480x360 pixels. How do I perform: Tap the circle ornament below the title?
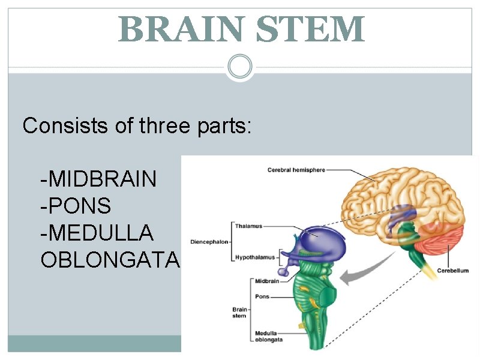[240, 66]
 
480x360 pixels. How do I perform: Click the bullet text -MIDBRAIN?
[98, 179]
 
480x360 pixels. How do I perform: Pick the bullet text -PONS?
[76, 206]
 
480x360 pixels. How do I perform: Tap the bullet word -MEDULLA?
[97, 233]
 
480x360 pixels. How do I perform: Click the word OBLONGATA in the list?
[110, 260]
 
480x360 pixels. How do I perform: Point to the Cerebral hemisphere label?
[296, 170]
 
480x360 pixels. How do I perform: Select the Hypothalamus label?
[254, 257]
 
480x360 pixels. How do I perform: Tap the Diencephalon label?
[209, 242]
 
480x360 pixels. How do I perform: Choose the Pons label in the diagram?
[262, 296]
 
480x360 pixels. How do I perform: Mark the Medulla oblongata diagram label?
[268, 335]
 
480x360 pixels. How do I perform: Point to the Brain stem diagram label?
[239, 313]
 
